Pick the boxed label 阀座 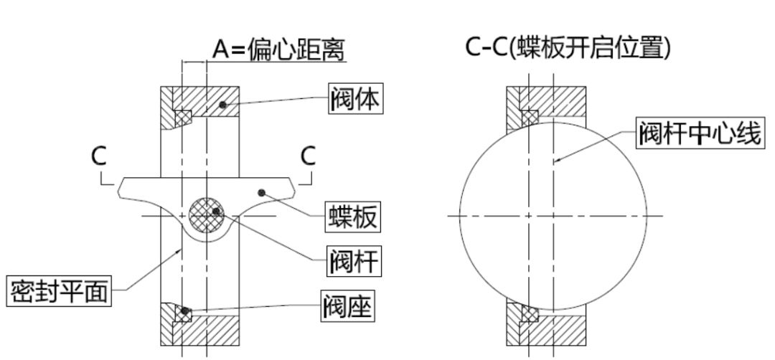point(347,310)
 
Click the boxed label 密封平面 point(60,291)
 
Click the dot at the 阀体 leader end point(224,105)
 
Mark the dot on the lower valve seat point(186,311)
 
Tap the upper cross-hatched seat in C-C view point(530,116)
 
